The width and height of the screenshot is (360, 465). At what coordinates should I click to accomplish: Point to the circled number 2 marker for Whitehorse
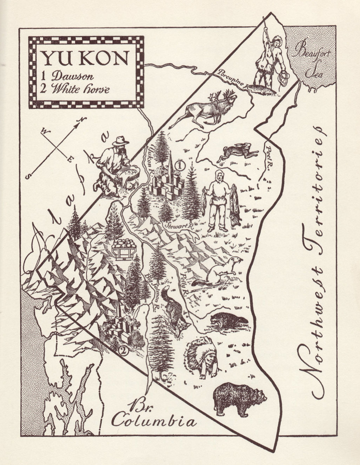(x=123, y=349)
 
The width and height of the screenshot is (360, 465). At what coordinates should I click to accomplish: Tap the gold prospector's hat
(x=120, y=141)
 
